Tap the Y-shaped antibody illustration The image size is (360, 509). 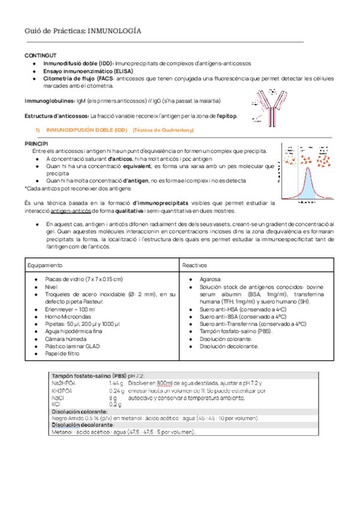point(272,106)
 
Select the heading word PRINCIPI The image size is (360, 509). point(36,145)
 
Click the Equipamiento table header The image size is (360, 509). point(46,265)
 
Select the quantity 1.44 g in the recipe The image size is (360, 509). point(116,382)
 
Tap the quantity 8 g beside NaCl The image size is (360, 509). point(112,397)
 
